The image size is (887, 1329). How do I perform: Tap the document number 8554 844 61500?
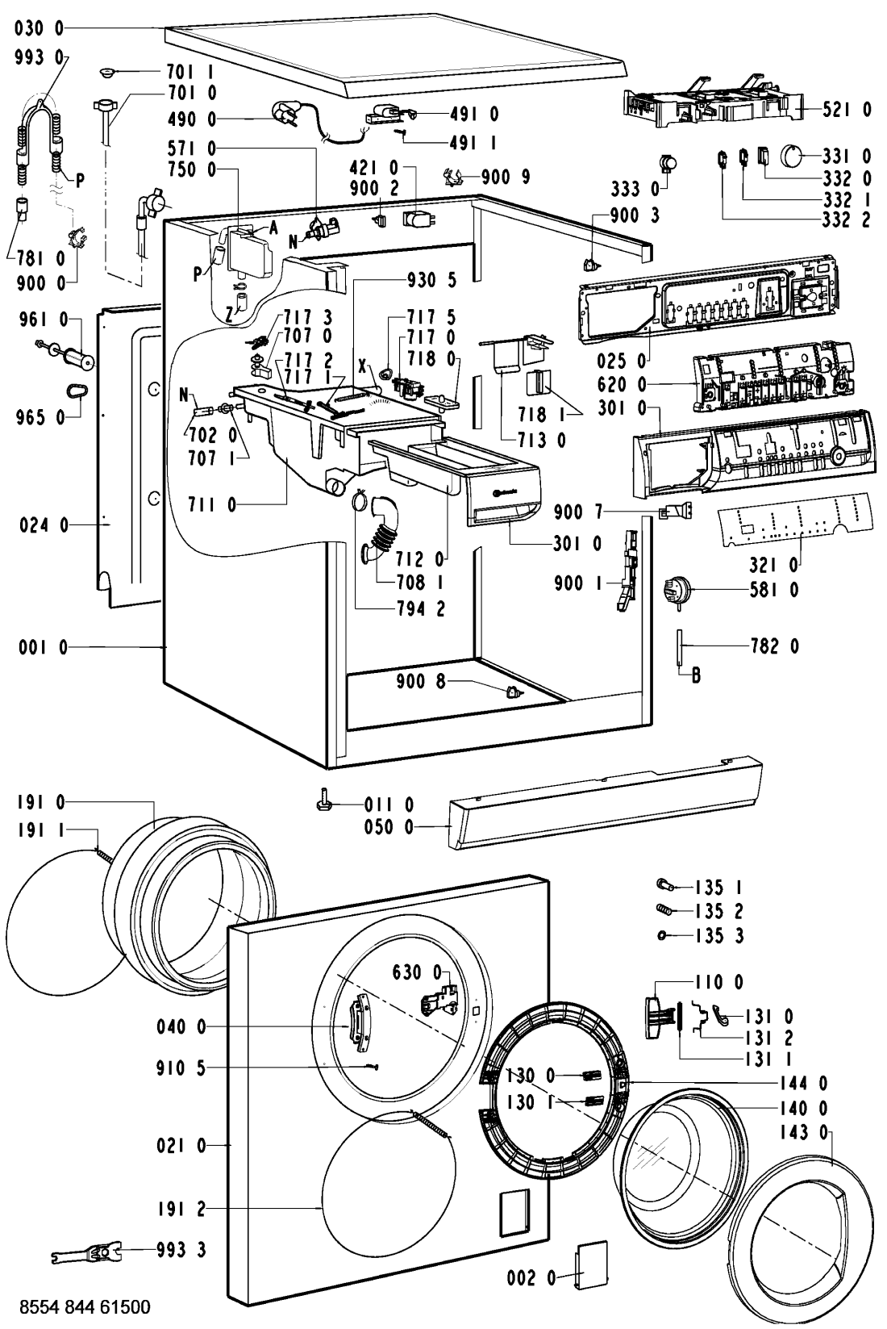click(x=75, y=1306)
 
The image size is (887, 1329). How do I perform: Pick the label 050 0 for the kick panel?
click(x=390, y=828)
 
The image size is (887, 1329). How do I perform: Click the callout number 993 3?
click(x=181, y=1250)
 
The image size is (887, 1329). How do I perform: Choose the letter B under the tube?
click(x=695, y=678)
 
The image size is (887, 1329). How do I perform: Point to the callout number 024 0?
click(x=42, y=525)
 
